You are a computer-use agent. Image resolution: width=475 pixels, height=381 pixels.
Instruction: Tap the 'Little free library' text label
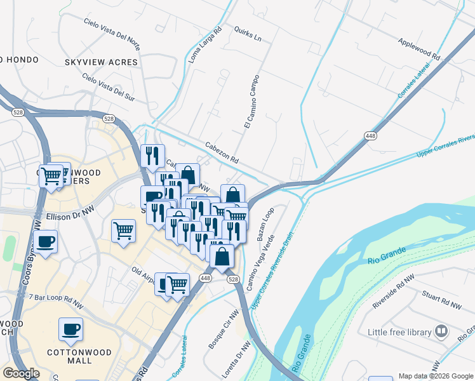(x=399, y=332)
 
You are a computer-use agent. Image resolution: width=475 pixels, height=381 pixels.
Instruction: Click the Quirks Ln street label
(x=248, y=34)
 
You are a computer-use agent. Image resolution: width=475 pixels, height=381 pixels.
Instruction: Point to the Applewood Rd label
(x=419, y=48)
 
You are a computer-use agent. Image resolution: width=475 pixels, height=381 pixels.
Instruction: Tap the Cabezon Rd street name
(x=222, y=153)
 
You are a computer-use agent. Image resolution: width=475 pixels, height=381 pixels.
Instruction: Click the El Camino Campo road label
(x=249, y=104)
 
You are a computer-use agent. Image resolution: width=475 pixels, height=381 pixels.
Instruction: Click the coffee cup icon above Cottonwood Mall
(x=70, y=330)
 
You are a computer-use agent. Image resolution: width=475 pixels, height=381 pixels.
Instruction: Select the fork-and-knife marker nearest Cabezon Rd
(x=152, y=156)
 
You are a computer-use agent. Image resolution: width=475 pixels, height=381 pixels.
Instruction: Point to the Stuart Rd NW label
(x=442, y=300)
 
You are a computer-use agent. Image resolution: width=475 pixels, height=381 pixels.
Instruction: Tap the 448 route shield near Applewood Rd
(x=371, y=135)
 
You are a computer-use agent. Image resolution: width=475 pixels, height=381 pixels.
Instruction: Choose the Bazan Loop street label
(x=265, y=223)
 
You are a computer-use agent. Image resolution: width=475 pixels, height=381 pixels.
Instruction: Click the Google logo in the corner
(x=21, y=373)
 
